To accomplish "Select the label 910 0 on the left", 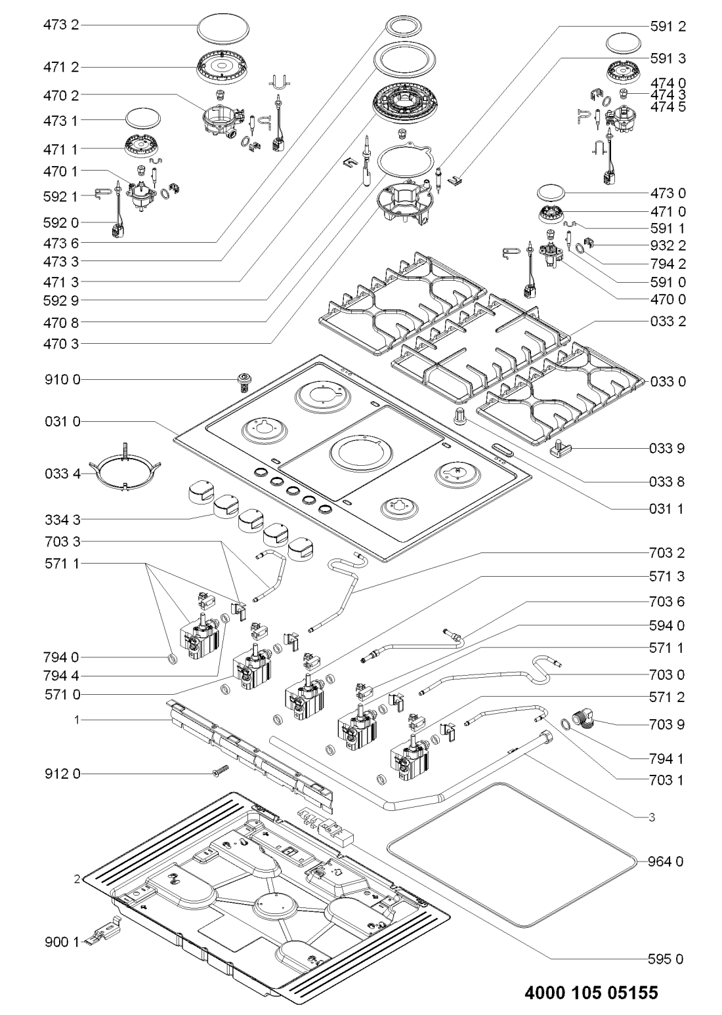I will click(x=61, y=380).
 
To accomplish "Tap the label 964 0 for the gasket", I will click(x=668, y=861).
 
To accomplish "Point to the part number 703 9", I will click(x=668, y=725).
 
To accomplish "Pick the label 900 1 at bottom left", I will click(x=61, y=942).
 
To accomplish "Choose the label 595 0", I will click(x=668, y=959).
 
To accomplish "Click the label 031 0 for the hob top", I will click(x=61, y=422).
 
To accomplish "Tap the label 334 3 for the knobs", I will click(x=61, y=520).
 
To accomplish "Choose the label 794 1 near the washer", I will click(x=668, y=758).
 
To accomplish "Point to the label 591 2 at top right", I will click(x=668, y=27).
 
